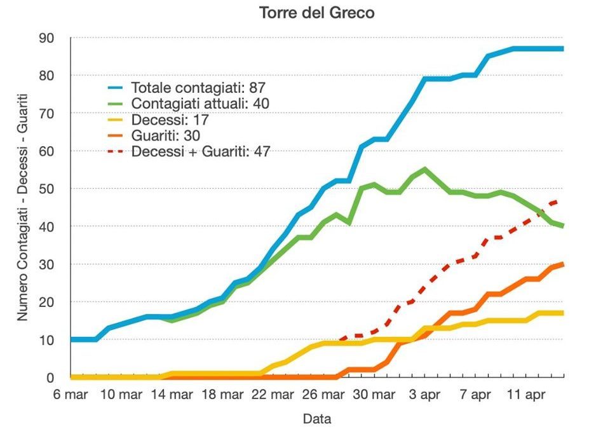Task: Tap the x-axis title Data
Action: click(x=316, y=419)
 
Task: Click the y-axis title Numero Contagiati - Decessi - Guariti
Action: click(x=22, y=208)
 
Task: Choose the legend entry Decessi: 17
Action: click(x=170, y=119)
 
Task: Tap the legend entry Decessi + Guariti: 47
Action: click(x=201, y=151)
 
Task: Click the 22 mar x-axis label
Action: click(x=273, y=394)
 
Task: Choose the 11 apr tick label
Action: click(x=525, y=394)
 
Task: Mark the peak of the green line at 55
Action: click(x=424, y=169)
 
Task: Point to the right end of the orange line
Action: click(x=563, y=264)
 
